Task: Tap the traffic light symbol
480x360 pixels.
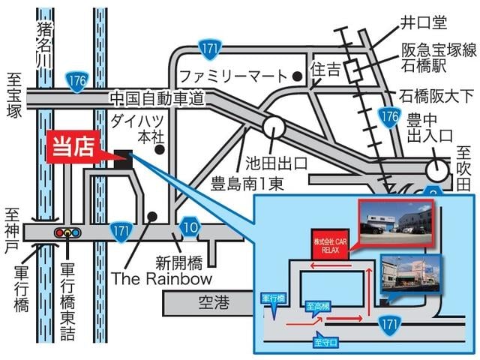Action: pos(67,233)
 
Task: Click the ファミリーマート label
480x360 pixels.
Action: pos(233,76)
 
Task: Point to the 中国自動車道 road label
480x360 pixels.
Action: pos(157,98)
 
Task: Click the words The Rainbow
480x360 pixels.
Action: pos(161,278)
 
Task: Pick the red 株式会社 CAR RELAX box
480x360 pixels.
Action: pos(331,244)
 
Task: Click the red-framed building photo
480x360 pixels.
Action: pos(396,226)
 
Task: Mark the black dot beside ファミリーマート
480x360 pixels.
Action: pos(298,76)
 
